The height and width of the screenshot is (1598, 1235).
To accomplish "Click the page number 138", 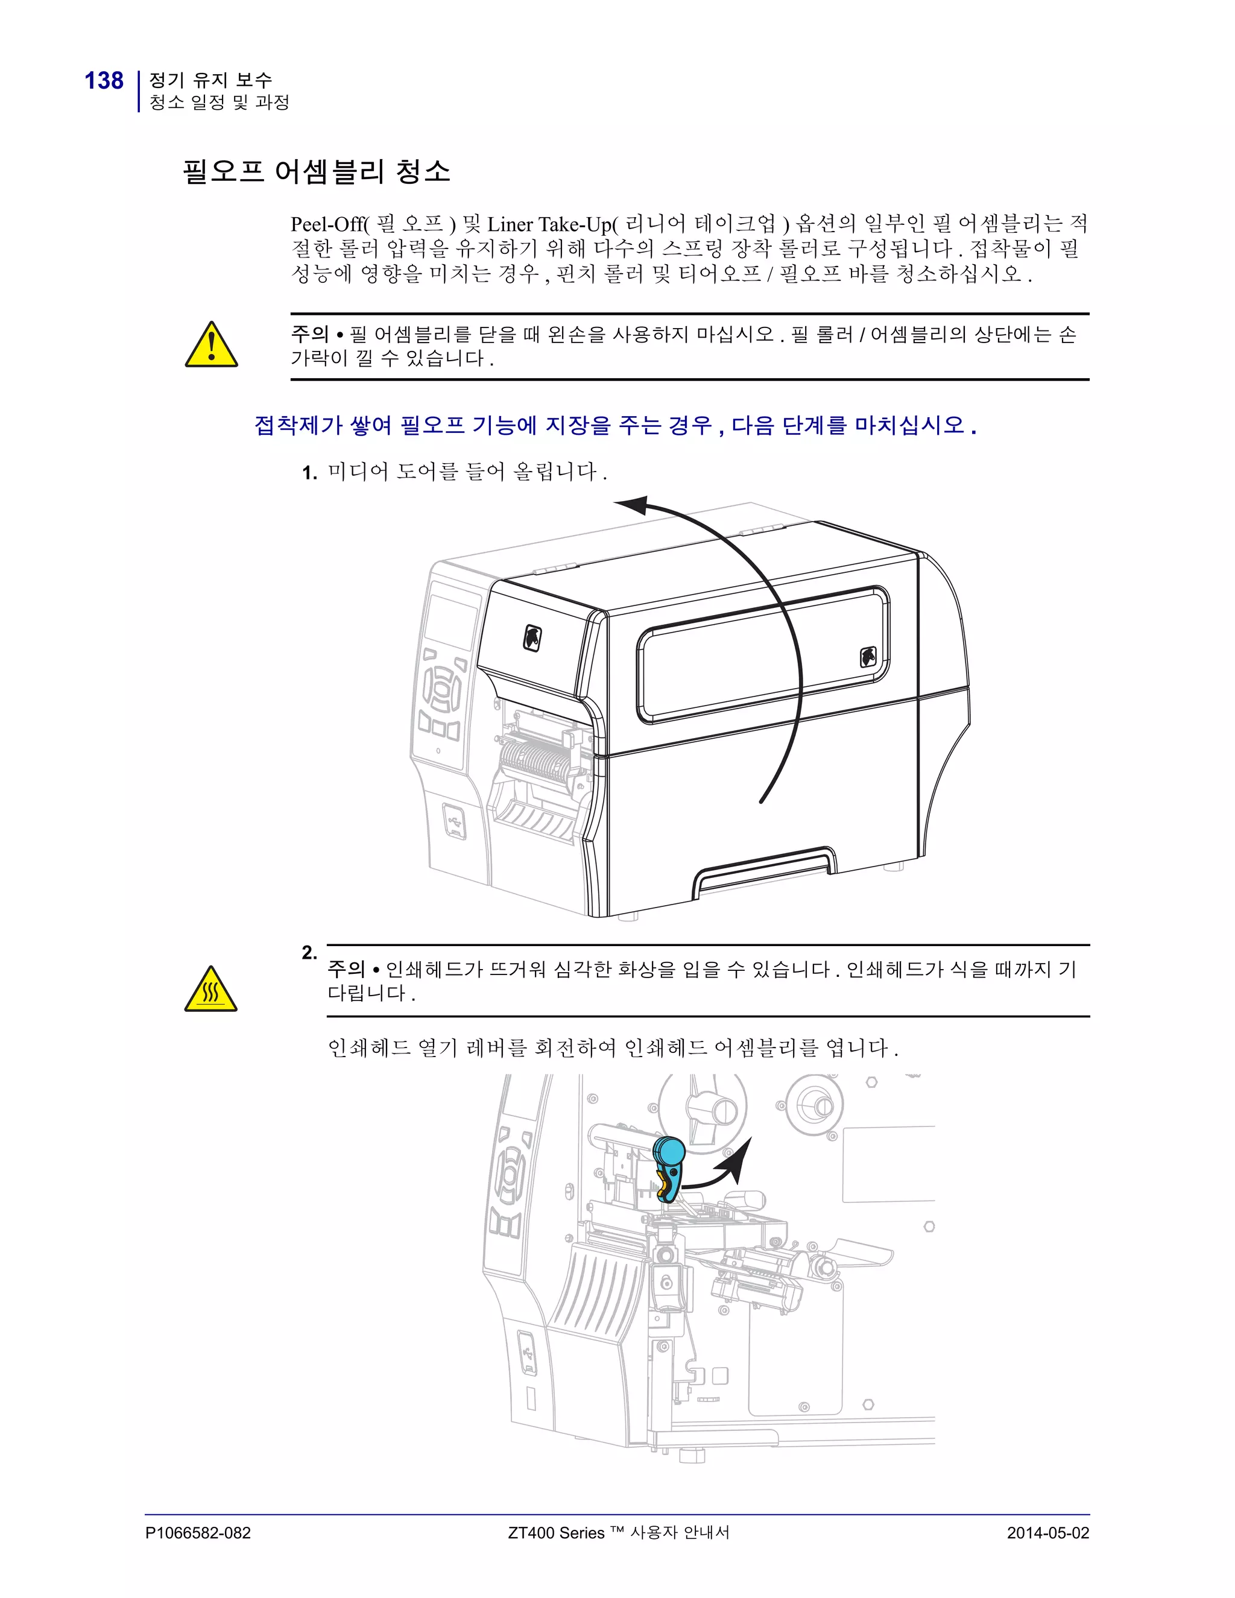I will click(104, 80).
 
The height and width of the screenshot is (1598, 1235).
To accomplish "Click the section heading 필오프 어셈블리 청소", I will click(316, 171).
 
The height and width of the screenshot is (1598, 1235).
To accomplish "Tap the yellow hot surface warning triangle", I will click(210, 990).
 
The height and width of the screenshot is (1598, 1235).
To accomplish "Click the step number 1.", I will click(309, 473).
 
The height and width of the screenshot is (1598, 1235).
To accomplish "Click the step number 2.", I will click(309, 953).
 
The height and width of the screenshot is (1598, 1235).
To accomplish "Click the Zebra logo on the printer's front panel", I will click(532, 637).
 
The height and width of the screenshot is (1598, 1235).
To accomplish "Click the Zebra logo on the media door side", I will click(868, 657).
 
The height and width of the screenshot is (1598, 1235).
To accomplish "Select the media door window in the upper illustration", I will click(761, 654).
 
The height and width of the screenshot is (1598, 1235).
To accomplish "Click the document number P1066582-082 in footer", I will click(198, 1533).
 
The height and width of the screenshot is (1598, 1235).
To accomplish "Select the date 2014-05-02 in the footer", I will click(1047, 1533).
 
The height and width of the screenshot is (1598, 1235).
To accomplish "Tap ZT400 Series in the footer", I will click(556, 1533).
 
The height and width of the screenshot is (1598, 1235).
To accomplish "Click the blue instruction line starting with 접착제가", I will click(614, 425).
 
